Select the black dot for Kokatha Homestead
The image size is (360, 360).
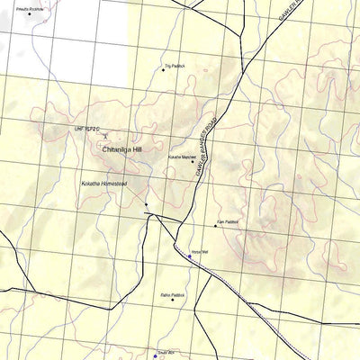point(146,205)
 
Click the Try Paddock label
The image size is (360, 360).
point(175,66)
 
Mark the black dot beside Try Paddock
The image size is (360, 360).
point(164,70)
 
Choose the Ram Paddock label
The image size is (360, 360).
point(227,220)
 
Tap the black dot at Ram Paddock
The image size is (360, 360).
point(215,226)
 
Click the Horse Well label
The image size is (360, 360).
point(199,252)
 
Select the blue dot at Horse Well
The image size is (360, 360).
point(189,256)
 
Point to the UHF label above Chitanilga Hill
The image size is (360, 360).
point(85,130)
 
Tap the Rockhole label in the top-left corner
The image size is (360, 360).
point(29,8)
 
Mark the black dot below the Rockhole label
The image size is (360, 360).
point(29,14)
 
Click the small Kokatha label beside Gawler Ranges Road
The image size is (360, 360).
point(181,157)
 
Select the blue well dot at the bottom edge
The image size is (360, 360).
point(154,356)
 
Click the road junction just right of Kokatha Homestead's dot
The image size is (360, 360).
point(157,216)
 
